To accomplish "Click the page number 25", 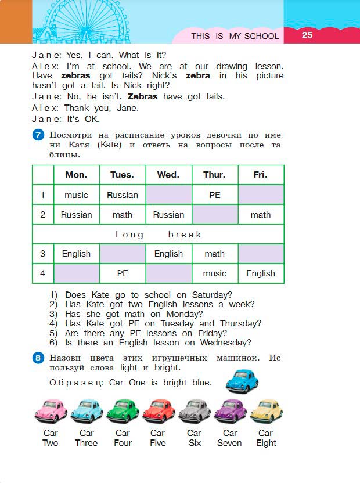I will pyautogui.click(x=307, y=35).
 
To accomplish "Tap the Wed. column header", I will pyautogui.click(x=168, y=175).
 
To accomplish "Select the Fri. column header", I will pyautogui.click(x=261, y=175).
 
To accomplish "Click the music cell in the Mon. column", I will pyautogui.click(x=76, y=195).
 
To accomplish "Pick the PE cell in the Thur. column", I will pyautogui.click(x=215, y=195).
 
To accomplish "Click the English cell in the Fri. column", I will pyautogui.click(x=261, y=273).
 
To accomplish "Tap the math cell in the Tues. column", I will pyautogui.click(x=123, y=215).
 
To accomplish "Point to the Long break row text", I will pyautogui.click(x=158, y=235).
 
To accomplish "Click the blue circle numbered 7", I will pyautogui.click(x=38, y=135).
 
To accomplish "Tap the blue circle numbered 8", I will pyautogui.click(x=38, y=358).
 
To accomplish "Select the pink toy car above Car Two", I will pyautogui.click(x=51, y=411).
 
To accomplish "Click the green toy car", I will pyautogui.click(x=122, y=411).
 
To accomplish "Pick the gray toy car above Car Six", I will pyautogui.click(x=194, y=411).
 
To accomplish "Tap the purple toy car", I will pyautogui.click(x=230, y=411).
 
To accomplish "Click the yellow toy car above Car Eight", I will pyautogui.click(x=266, y=411).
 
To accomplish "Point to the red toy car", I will pyautogui.click(x=158, y=411).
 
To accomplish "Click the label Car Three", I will pyautogui.click(x=87, y=438).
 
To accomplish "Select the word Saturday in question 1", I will pyautogui.click(x=211, y=295).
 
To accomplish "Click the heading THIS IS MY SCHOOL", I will pyautogui.click(x=235, y=36).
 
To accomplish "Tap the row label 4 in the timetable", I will pyautogui.click(x=42, y=273).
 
